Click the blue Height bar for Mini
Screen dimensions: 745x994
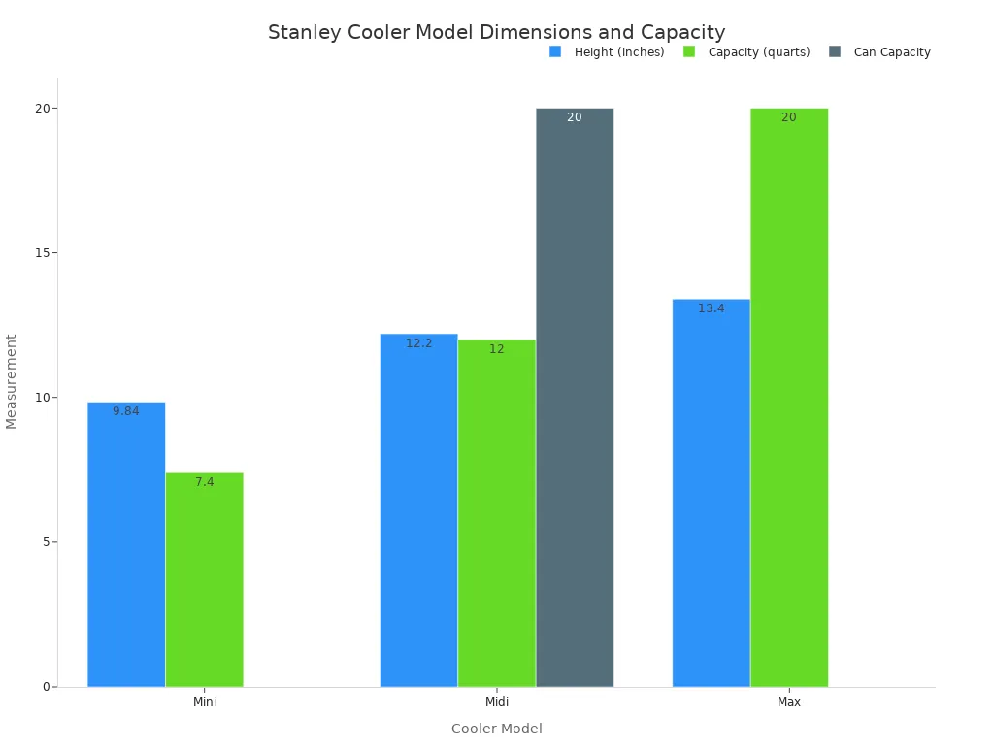(126, 543)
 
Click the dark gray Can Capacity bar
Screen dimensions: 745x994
(575, 397)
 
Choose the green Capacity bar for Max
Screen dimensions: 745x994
(789, 397)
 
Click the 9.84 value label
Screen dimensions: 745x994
(126, 411)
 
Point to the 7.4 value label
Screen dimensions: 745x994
(204, 482)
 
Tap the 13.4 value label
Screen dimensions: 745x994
(712, 308)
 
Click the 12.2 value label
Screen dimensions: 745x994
(419, 343)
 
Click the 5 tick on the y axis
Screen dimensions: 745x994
(45, 541)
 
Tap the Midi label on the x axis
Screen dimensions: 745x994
(497, 701)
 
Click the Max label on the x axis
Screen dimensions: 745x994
(789, 701)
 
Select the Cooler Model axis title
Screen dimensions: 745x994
(497, 729)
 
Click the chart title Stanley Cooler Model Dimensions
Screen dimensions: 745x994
(497, 32)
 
